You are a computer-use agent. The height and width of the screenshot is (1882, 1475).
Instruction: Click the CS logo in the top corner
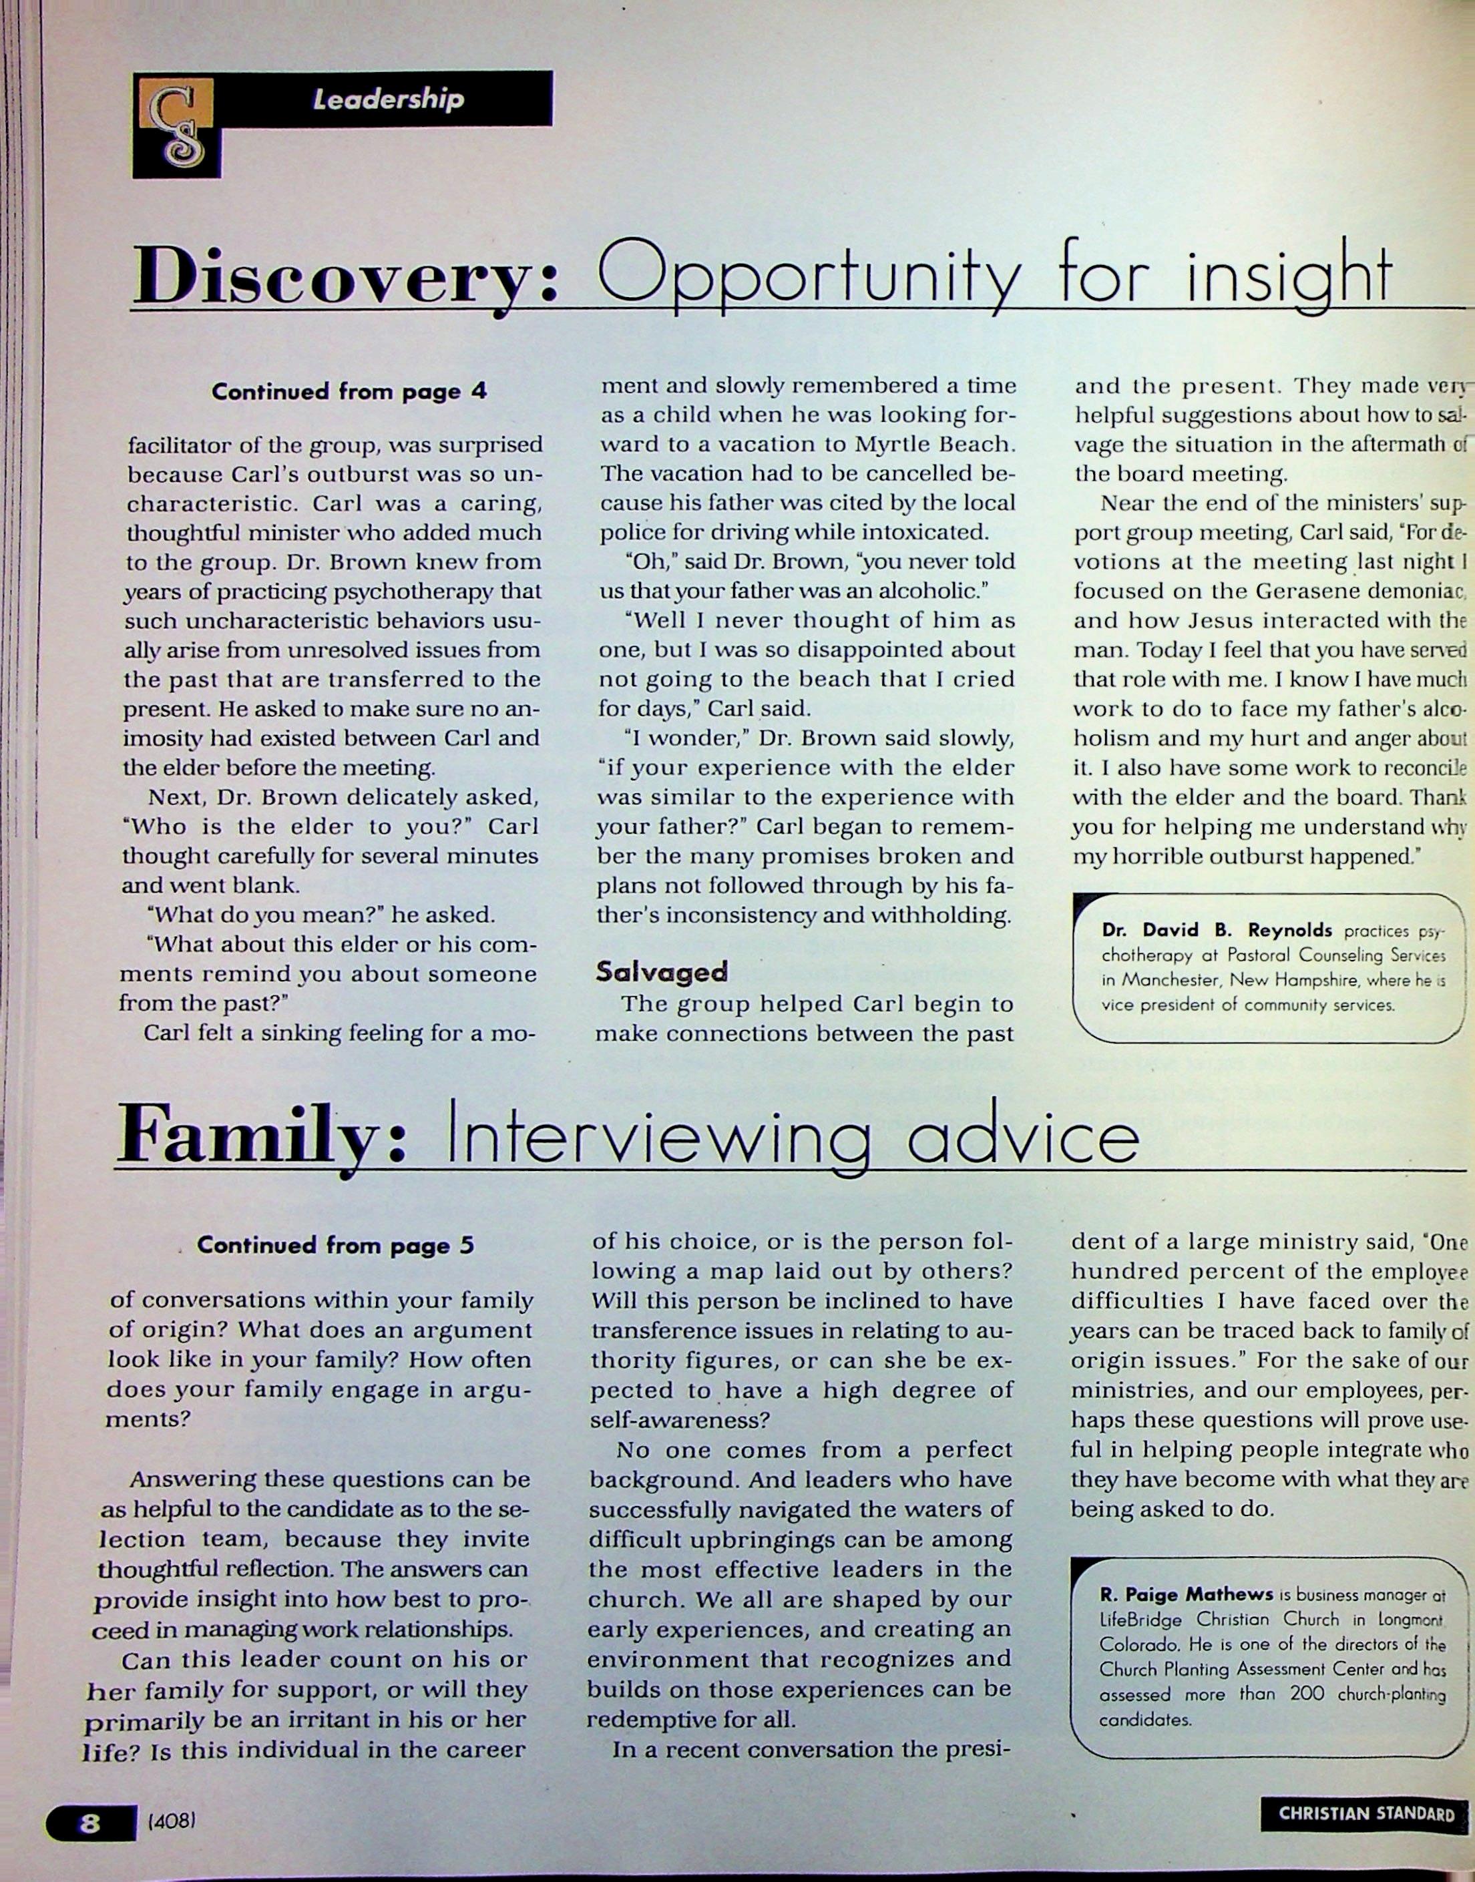177,124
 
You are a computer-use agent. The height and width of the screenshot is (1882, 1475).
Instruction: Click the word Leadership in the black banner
388,99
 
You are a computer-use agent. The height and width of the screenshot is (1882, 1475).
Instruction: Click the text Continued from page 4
349,392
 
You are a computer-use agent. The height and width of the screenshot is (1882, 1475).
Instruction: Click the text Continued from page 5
335,1245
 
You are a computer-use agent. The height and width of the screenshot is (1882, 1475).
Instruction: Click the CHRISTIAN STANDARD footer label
1366,1813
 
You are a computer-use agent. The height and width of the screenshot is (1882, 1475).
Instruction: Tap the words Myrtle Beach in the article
933,445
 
